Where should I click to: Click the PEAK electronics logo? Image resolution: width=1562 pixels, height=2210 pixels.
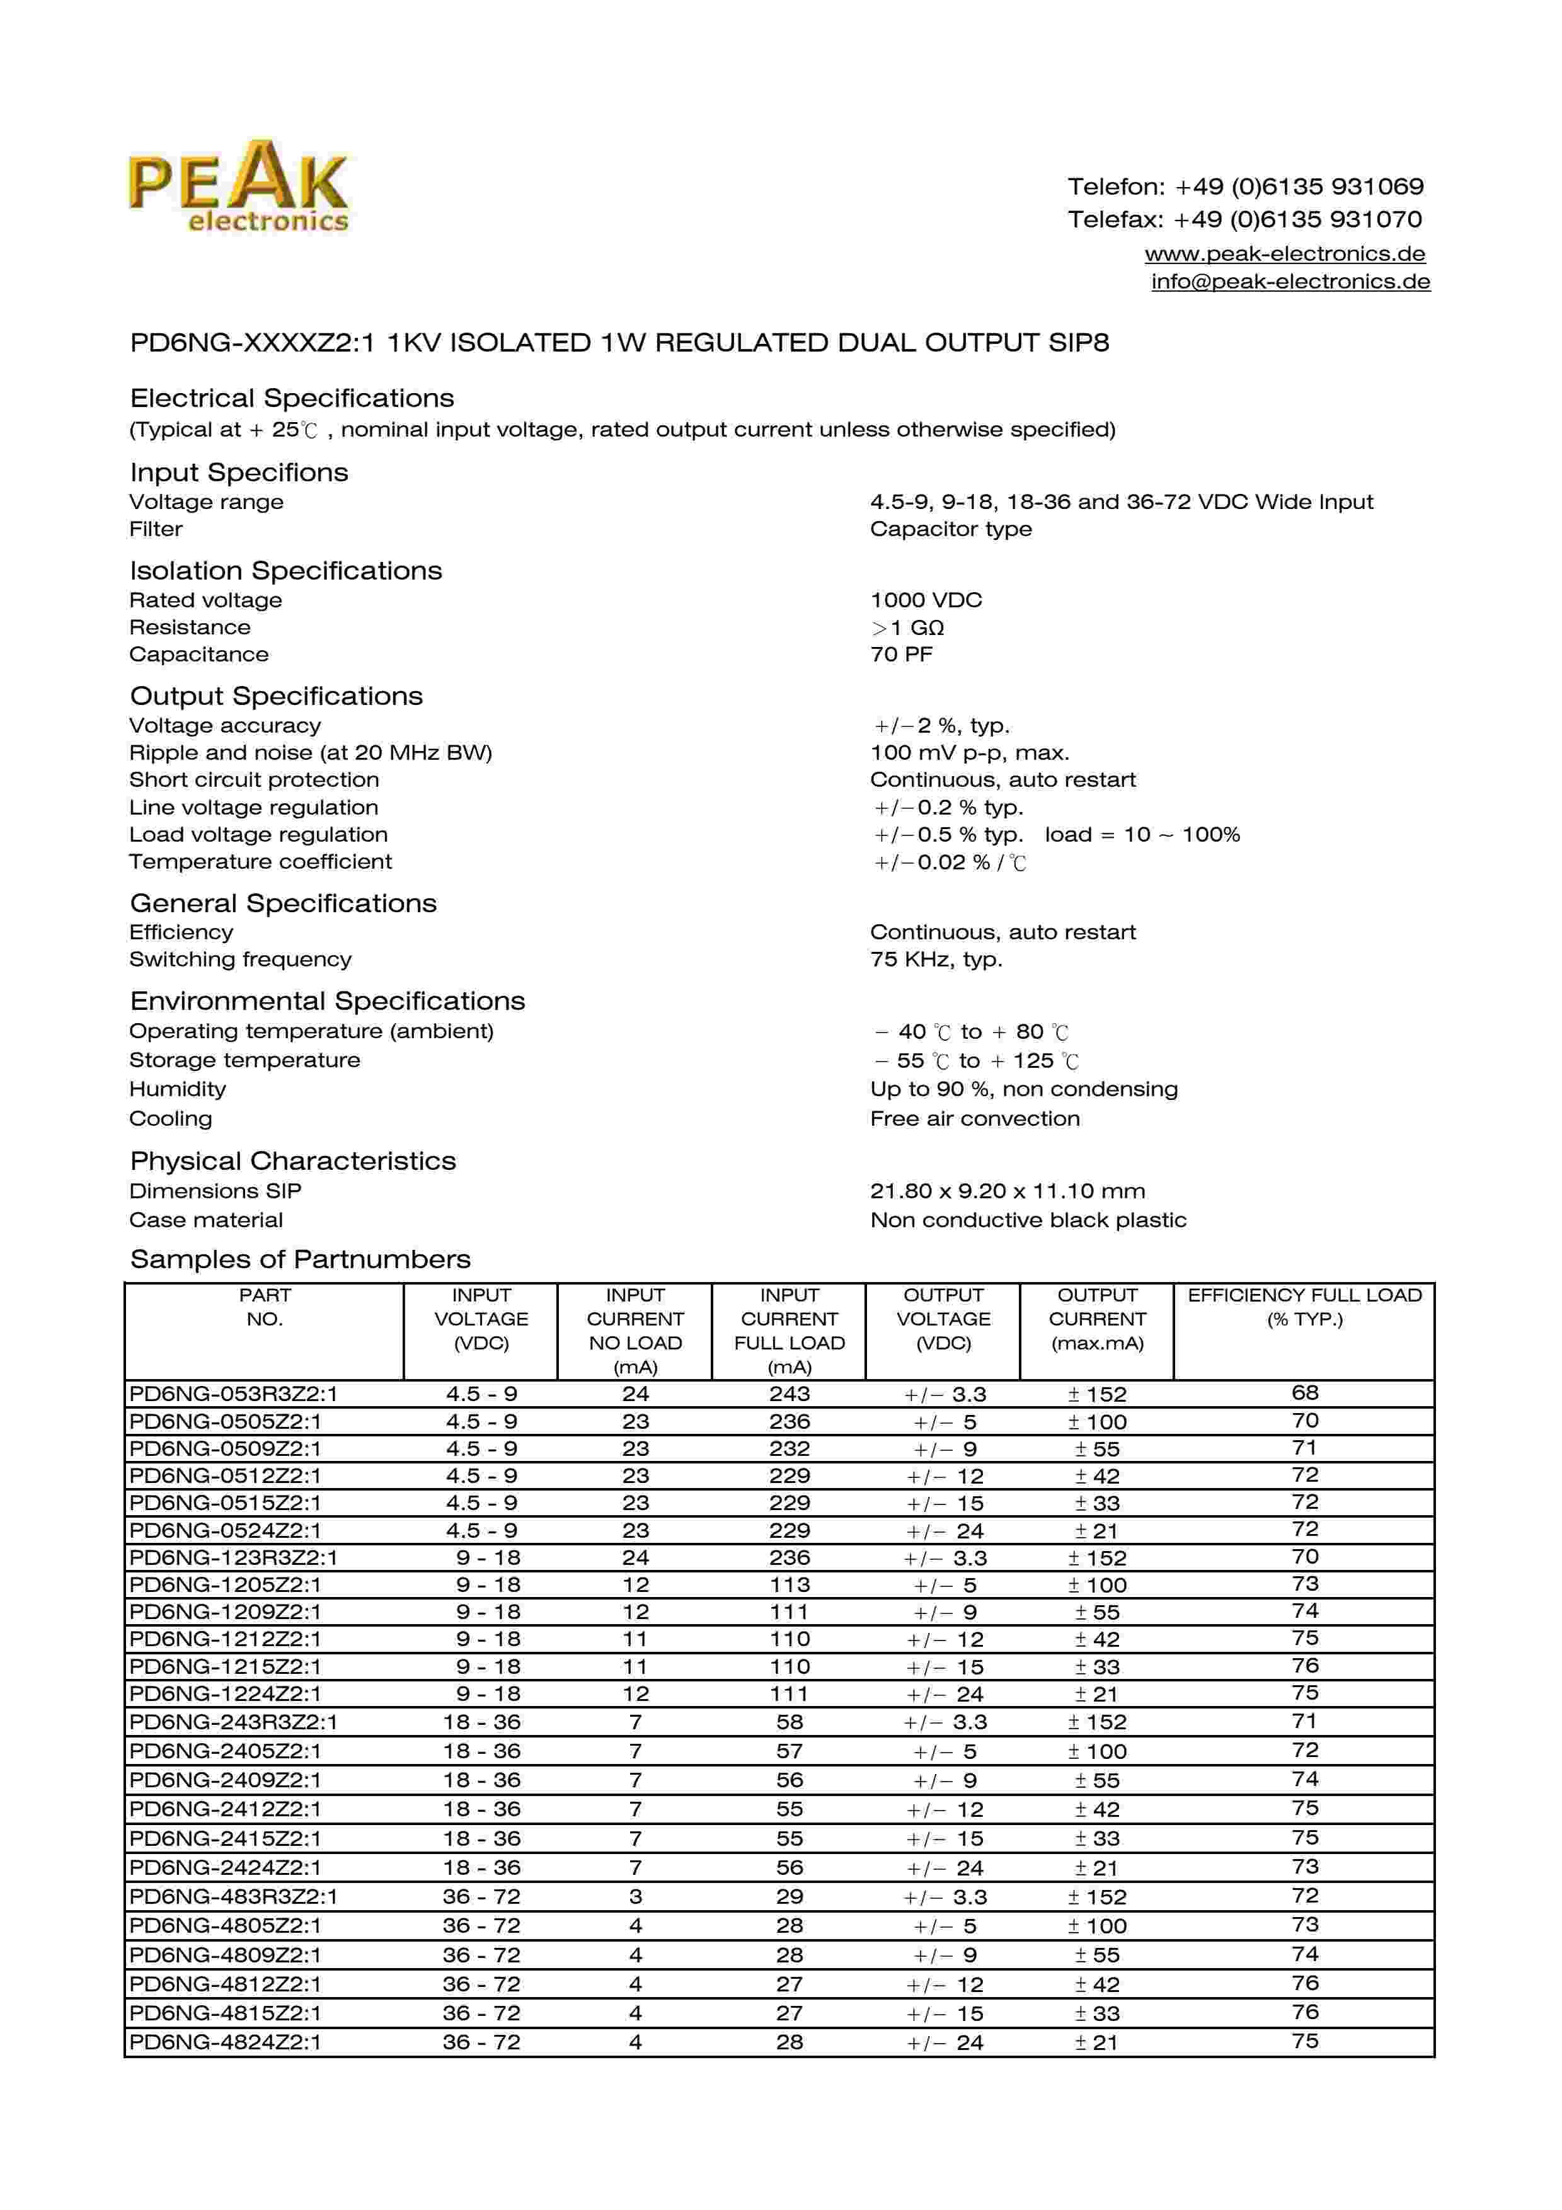tap(239, 186)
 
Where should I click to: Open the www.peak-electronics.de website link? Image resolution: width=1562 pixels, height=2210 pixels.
tap(1284, 254)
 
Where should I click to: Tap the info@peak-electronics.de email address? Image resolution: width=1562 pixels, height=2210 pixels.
tap(1290, 282)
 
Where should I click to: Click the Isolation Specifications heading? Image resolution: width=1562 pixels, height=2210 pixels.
tap(286, 571)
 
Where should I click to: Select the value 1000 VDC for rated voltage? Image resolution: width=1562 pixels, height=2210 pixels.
tap(926, 600)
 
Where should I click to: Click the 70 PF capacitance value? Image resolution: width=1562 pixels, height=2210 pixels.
tap(901, 655)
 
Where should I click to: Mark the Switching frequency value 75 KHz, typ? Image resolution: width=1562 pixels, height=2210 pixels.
tap(936, 959)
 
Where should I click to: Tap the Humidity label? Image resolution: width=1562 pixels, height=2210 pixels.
tap(177, 1090)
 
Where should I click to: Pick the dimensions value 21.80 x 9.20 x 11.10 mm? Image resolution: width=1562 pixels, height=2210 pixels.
tap(1007, 1192)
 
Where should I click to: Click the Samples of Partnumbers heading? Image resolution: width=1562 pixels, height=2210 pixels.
tap(301, 1260)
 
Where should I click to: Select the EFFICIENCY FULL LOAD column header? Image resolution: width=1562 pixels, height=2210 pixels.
tap(1304, 1307)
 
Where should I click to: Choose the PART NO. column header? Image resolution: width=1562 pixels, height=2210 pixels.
tap(265, 1307)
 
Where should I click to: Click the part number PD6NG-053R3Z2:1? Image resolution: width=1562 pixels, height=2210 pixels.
tap(234, 1394)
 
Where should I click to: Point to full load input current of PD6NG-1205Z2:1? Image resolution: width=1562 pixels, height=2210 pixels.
tap(789, 1585)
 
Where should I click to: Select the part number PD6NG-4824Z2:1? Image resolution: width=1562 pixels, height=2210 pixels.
tap(225, 2042)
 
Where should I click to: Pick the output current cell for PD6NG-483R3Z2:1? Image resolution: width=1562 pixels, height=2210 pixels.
tap(1097, 1897)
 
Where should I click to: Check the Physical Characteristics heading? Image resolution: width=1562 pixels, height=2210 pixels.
tap(292, 1162)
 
